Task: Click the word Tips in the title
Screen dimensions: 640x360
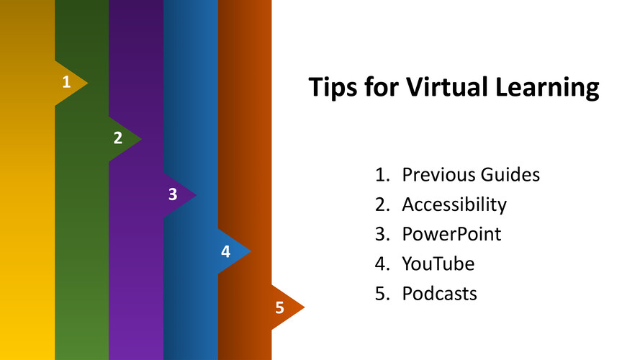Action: [x=333, y=87]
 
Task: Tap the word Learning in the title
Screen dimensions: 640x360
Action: [x=547, y=88]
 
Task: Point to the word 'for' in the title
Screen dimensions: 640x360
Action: [x=382, y=86]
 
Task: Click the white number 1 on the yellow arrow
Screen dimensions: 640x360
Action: [x=66, y=82]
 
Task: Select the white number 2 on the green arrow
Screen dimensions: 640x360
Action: [x=118, y=138]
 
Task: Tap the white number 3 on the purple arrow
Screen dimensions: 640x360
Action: [x=173, y=194]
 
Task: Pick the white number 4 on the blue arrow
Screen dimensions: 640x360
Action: [x=226, y=251]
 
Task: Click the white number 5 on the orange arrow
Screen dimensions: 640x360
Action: [x=279, y=307]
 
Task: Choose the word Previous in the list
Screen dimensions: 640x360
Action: [x=438, y=175]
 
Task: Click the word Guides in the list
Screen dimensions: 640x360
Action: [x=510, y=175]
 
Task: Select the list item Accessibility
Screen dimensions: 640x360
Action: [x=454, y=204]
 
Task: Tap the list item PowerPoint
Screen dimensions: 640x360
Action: [x=451, y=234]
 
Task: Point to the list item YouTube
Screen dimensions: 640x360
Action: [x=438, y=264]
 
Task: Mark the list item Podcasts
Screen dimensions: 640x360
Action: [x=440, y=294]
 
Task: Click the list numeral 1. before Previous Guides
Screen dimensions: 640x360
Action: [x=382, y=175]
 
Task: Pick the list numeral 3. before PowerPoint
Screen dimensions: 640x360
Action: [x=382, y=234]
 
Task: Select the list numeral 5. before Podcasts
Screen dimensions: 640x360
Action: [x=382, y=294]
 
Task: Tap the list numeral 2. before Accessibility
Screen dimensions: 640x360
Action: [x=382, y=204]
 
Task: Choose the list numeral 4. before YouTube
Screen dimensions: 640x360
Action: [x=382, y=264]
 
